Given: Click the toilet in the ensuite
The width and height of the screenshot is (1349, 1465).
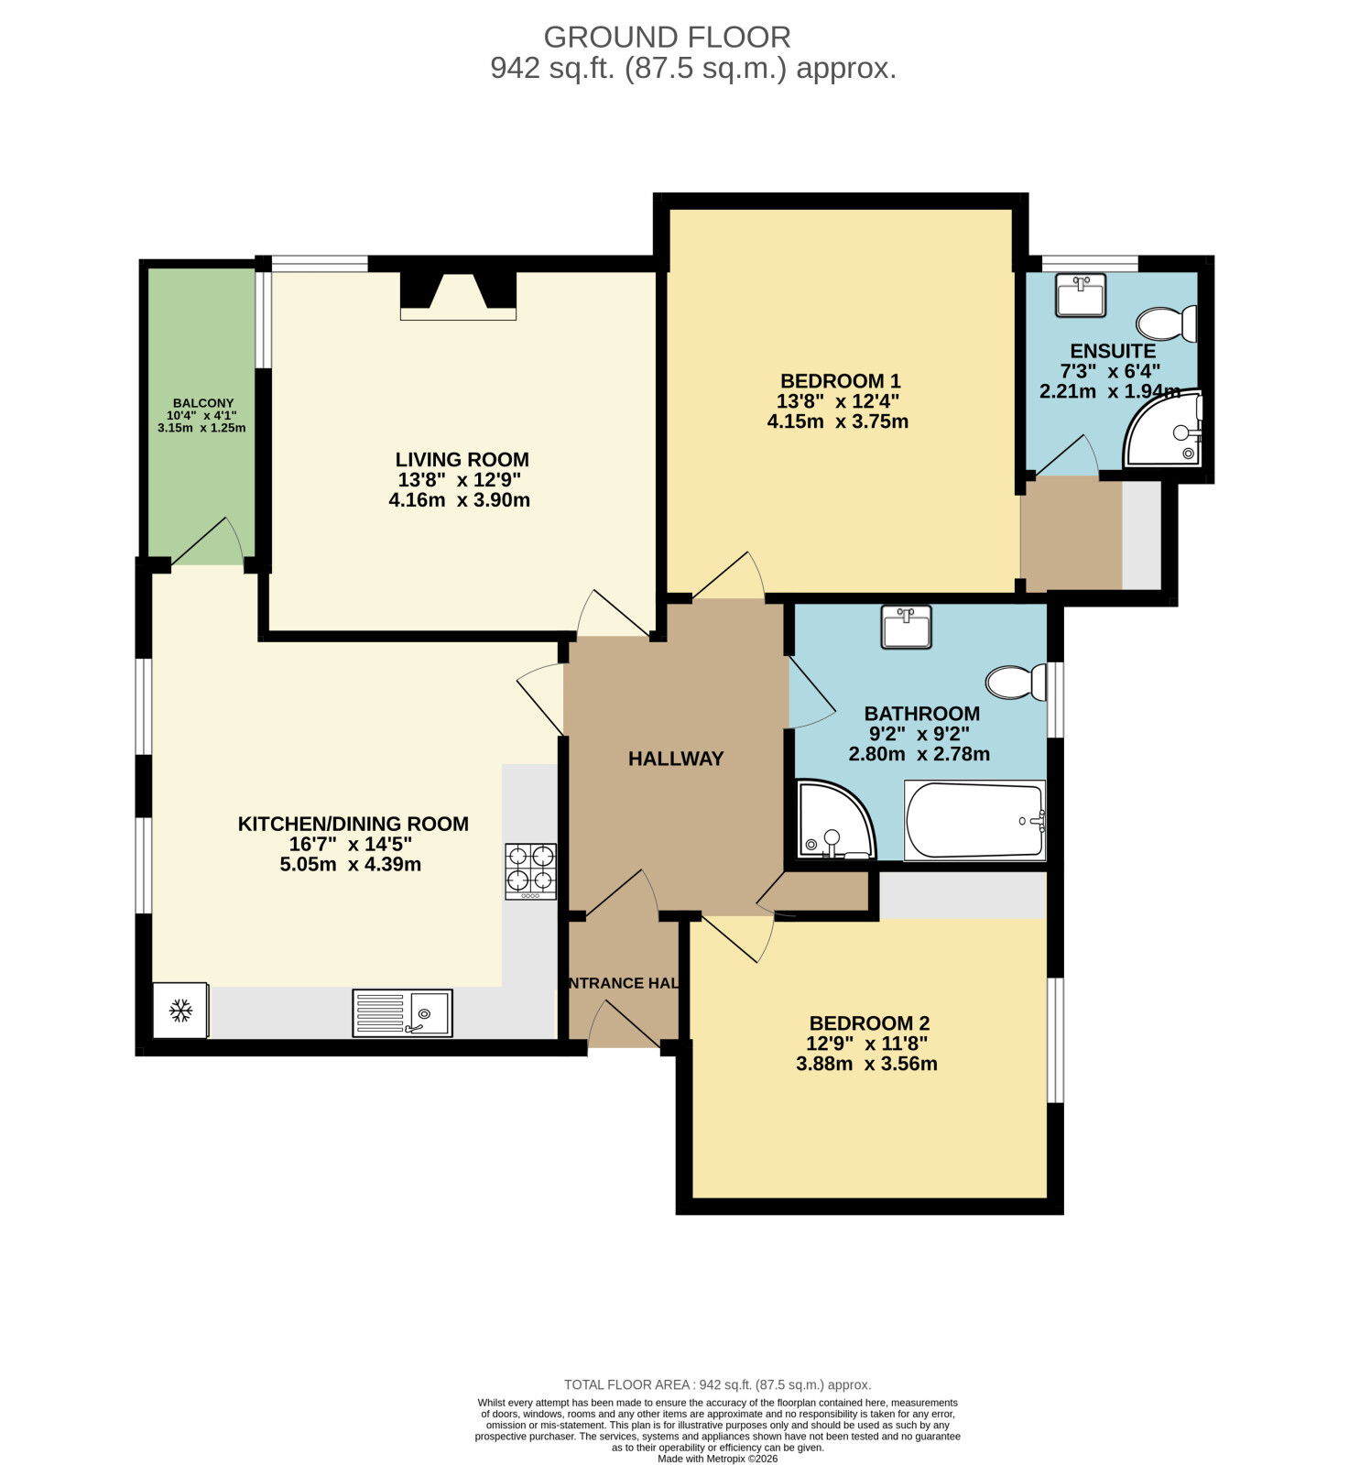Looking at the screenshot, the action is [x=1167, y=323].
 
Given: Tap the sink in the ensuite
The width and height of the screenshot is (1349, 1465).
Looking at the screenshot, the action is [x=1081, y=295].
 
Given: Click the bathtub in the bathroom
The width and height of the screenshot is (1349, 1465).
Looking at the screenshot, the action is [x=974, y=820].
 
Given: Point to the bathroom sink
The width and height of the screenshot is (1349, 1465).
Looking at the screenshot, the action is [x=906, y=628].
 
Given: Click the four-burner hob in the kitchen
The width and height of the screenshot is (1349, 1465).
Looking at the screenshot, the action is [x=531, y=870].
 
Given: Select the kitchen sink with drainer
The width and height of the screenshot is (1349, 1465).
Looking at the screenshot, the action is [x=403, y=1012].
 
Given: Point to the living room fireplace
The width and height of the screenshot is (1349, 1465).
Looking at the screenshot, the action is [x=458, y=295].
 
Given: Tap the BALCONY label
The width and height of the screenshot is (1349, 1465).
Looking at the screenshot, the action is [x=203, y=403].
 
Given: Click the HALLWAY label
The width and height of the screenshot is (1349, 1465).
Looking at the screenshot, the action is [x=676, y=759].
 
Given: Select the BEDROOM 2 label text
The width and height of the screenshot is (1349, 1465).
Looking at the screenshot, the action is [x=869, y=1023].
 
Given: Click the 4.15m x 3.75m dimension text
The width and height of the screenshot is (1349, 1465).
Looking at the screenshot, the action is [x=838, y=421].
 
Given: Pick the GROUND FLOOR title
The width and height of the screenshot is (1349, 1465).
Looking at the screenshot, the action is [x=668, y=38].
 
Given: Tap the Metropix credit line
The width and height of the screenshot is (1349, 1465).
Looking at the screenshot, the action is [x=717, y=1459].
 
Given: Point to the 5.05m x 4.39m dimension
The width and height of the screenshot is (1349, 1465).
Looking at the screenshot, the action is [x=351, y=864].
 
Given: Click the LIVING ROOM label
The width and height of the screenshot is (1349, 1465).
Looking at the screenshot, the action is [x=462, y=460].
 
